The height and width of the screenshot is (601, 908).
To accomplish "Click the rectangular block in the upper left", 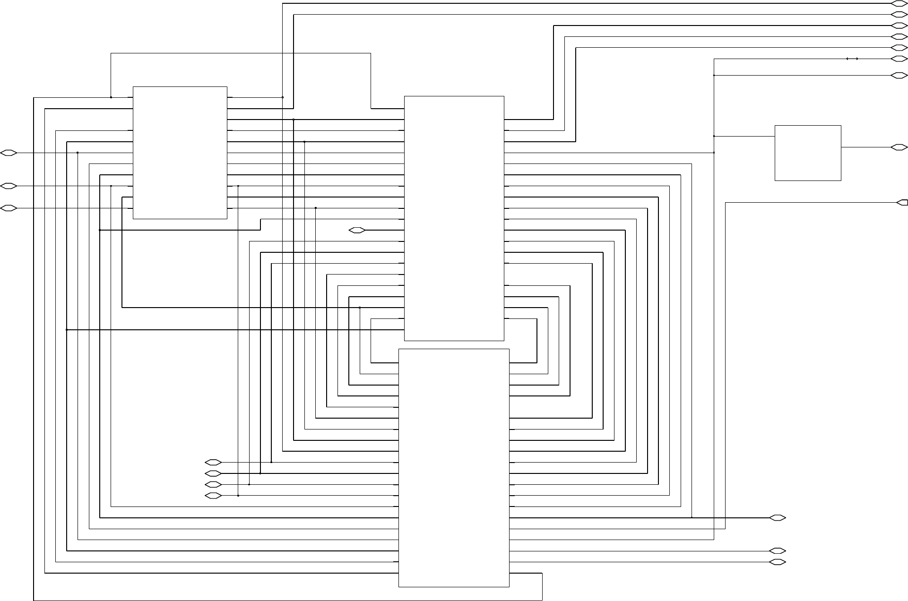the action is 180,153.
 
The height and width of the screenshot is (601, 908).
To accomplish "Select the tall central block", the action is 454,218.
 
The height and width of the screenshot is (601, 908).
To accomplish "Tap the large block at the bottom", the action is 454,468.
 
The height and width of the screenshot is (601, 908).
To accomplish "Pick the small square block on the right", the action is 808,153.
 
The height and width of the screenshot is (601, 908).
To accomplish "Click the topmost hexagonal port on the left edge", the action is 9,153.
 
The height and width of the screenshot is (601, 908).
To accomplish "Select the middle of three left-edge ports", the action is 9,186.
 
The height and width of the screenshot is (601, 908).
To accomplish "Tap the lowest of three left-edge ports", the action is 9,208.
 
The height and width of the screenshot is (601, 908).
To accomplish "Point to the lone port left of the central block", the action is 357,230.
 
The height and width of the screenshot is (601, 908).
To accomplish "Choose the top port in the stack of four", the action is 213,462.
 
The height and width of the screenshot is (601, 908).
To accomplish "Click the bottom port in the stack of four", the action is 213,496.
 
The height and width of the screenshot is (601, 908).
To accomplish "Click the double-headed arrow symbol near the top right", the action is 852,59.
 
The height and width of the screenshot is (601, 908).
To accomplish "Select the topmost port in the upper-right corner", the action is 899,3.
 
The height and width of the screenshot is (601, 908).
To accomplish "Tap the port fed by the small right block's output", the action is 899,147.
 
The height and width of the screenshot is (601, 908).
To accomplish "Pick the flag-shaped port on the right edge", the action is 902,203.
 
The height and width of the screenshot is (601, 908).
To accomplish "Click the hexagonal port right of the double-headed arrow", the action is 899,59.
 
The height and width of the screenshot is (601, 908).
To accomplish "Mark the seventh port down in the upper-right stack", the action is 899,75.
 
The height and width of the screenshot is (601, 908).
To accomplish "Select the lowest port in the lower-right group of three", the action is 778,562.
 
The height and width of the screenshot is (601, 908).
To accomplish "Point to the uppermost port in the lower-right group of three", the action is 778,518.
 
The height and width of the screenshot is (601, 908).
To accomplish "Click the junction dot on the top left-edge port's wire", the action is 78,153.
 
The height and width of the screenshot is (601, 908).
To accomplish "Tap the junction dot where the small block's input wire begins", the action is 714,136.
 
